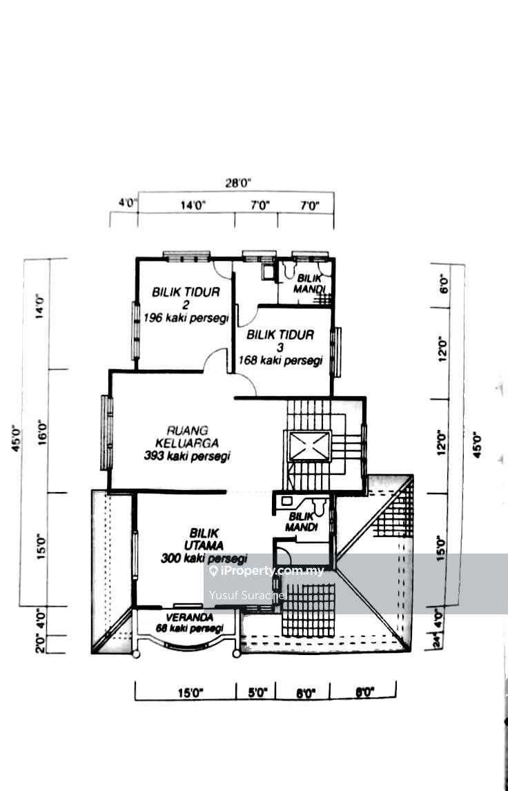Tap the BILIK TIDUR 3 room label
click(x=280, y=340)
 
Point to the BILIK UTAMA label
click(x=204, y=538)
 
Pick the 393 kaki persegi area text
click(x=187, y=456)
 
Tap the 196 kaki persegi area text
click(x=186, y=318)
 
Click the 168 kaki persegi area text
click(x=281, y=360)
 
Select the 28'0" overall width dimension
click(x=237, y=183)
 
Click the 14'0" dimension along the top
click(x=193, y=204)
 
